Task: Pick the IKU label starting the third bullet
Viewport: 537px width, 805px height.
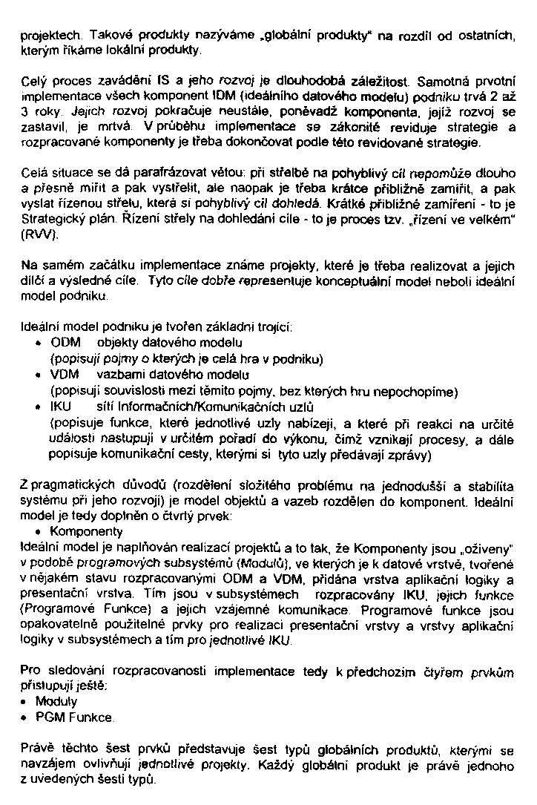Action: tap(61, 407)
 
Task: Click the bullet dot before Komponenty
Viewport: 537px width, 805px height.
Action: tap(39, 532)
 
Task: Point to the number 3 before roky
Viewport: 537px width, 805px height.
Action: tap(25, 111)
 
